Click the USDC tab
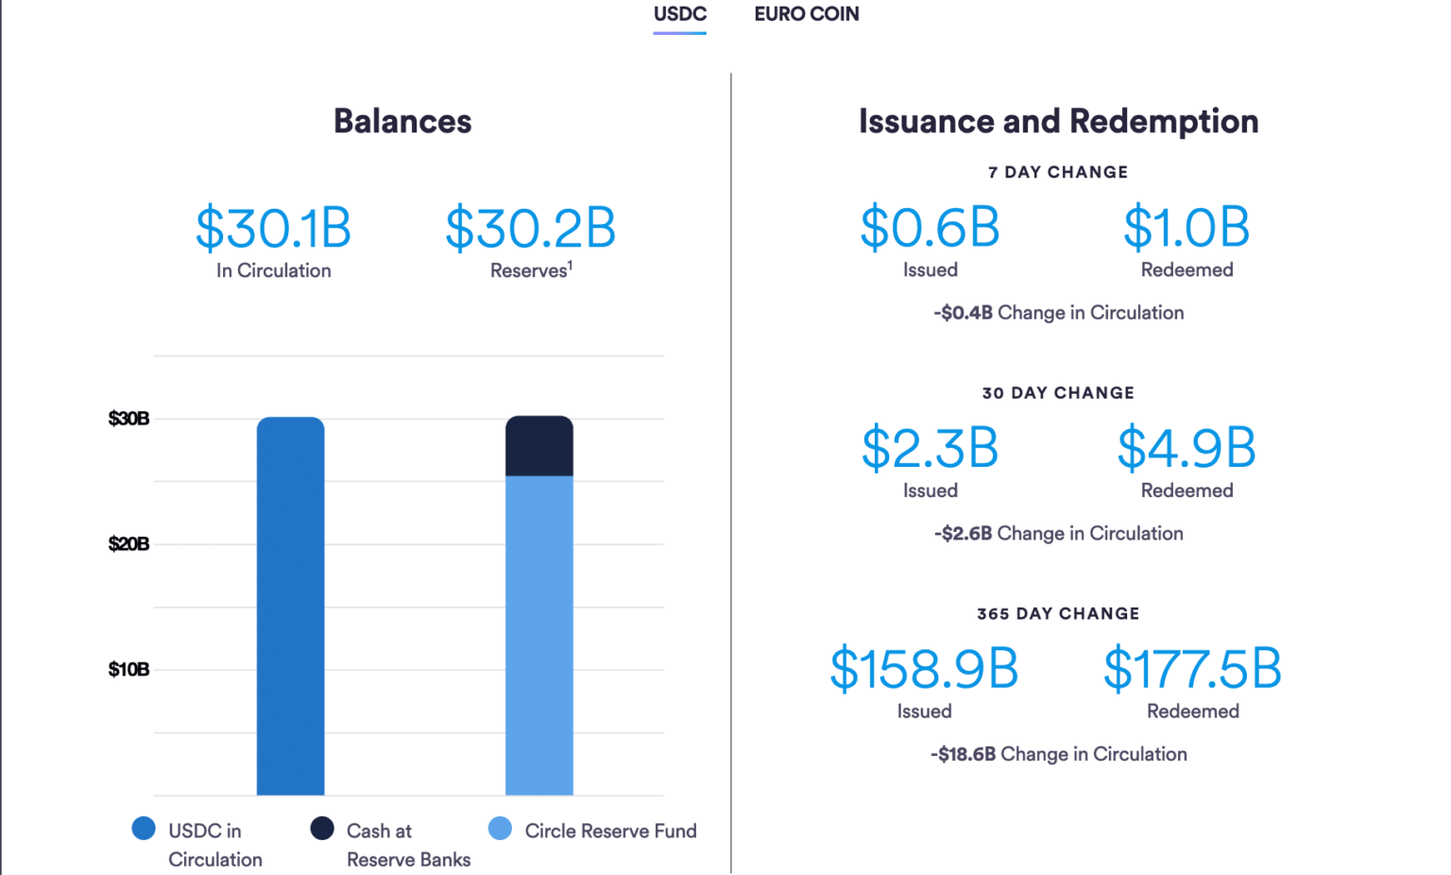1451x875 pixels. tap(679, 14)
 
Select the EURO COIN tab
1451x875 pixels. tap(806, 14)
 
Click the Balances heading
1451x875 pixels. tap(402, 121)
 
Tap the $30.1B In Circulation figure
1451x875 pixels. tap(273, 229)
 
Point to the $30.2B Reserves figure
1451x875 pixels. tap(530, 229)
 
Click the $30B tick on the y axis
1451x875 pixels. tap(128, 419)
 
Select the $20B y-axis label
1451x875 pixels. tap(128, 544)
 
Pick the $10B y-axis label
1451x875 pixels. tap(128, 670)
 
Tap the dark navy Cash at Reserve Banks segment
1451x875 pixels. tap(538, 446)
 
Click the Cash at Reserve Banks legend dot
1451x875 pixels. tap(322, 829)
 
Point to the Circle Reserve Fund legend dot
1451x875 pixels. tap(500, 829)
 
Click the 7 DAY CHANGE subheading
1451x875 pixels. tap(1058, 172)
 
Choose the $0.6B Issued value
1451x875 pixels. tap(930, 228)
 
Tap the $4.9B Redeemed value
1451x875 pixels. tap(1186, 449)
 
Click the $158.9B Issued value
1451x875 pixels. tap(924, 669)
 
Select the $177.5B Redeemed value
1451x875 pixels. tap(1192, 669)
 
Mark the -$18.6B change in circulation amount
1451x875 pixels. tap(963, 754)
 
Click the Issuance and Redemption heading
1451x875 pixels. tap(1058, 121)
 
